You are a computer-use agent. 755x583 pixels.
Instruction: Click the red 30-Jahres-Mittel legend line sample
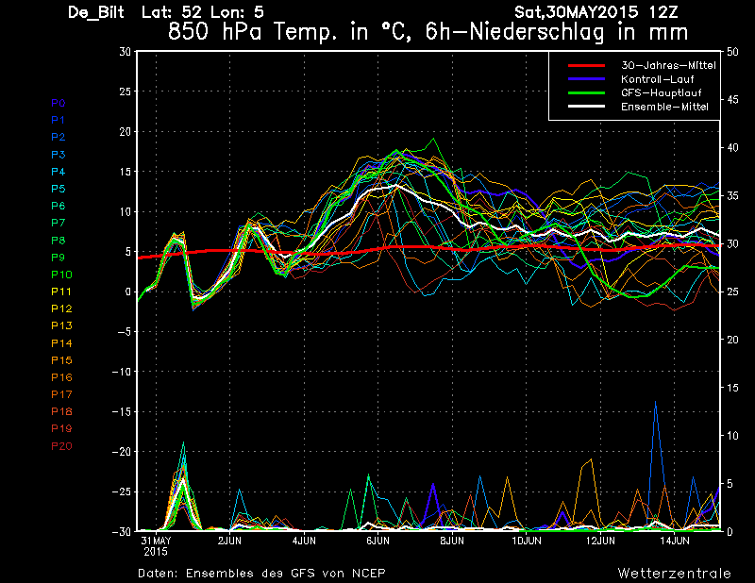(x=586, y=65)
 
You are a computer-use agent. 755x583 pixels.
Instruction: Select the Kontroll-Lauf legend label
(x=657, y=79)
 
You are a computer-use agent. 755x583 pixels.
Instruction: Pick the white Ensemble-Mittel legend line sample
(x=586, y=107)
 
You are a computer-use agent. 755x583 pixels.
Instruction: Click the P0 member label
(x=59, y=103)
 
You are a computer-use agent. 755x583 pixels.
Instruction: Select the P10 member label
(x=61, y=275)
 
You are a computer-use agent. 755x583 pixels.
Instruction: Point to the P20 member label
(x=61, y=446)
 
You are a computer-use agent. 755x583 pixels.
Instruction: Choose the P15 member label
(x=61, y=360)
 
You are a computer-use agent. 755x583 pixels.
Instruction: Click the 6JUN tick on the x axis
(x=378, y=541)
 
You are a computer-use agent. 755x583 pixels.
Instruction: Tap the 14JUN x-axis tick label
(x=675, y=541)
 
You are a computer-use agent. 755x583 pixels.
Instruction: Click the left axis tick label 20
(x=125, y=131)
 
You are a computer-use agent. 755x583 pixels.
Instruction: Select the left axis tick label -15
(x=122, y=411)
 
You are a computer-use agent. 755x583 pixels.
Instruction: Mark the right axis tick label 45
(x=732, y=100)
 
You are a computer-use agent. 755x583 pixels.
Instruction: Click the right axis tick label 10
(x=732, y=436)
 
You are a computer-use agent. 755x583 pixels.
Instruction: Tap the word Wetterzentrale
(x=675, y=574)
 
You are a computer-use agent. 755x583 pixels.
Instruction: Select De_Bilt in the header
(x=96, y=12)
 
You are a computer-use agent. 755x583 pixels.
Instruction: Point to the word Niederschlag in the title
(x=536, y=32)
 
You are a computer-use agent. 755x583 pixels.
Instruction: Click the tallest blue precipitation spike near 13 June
(x=655, y=402)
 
